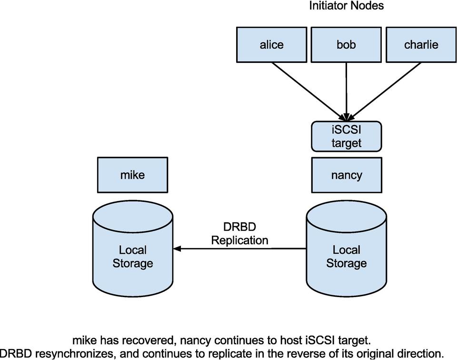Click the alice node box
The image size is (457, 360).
tap(271, 45)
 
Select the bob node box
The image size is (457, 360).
tap(346, 45)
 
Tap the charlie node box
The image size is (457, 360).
tap(421, 45)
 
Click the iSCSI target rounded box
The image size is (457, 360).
tap(346, 136)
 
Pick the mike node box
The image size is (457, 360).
tap(132, 175)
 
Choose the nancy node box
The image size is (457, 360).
tap(346, 175)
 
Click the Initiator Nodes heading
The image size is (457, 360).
tap(346, 6)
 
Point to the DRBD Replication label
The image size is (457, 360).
tap(239, 234)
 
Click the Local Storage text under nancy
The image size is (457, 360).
tap(346, 257)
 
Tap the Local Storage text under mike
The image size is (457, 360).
tap(132, 257)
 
